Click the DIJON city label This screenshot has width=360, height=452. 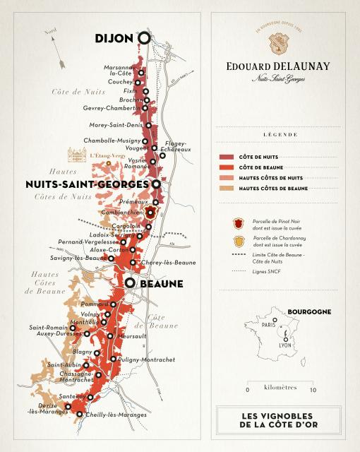(112, 40)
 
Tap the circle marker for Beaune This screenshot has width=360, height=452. (130, 283)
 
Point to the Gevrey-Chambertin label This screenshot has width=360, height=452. (112, 108)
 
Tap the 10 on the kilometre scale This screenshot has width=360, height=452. (313, 390)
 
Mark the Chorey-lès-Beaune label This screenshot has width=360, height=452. (169, 263)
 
